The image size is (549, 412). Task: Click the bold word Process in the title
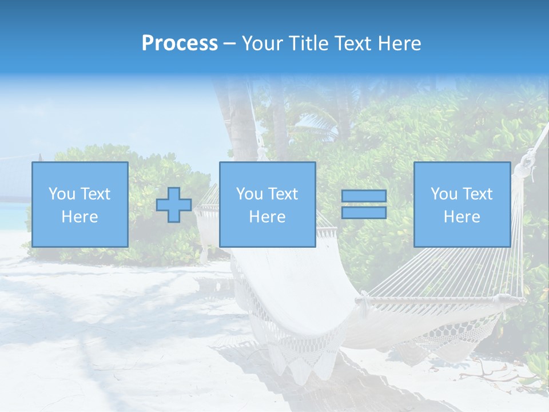click(x=180, y=43)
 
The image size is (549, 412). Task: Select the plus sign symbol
click(x=174, y=205)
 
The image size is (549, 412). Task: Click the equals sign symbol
click(x=364, y=204)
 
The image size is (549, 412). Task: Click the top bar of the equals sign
click(x=364, y=196)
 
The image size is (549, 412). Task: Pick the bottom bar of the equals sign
click(x=364, y=212)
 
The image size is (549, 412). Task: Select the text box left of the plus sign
click(x=79, y=204)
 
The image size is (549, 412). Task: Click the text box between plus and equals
click(x=267, y=204)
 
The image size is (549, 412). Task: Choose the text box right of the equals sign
click(x=462, y=204)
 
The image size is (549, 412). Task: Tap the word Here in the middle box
click(x=267, y=217)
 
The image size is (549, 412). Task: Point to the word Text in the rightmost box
click(x=478, y=194)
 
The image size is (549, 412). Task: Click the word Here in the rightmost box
click(x=462, y=217)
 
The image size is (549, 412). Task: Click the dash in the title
click(x=229, y=43)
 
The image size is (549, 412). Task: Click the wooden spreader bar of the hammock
click(x=440, y=299)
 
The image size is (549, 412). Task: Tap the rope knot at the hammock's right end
click(x=524, y=167)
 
